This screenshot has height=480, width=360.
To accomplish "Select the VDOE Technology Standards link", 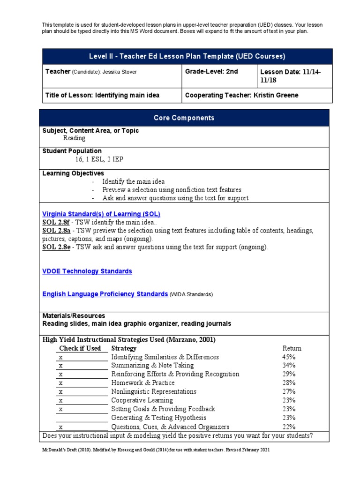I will click(87, 271).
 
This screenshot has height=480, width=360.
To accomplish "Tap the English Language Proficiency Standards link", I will click(105, 294).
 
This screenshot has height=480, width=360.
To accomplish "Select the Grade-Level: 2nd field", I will click(212, 71).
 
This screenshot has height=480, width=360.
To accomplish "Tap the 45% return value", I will click(289, 357).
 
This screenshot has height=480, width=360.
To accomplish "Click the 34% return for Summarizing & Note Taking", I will click(289, 366).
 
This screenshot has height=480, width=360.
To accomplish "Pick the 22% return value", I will click(289, 427).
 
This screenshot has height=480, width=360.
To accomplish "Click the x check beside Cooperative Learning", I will click(61, 400).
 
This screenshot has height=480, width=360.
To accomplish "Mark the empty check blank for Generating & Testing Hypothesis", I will click(82, 418).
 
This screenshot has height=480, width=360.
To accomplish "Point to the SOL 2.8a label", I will click(56, 231).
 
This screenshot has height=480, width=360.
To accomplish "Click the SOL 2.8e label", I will click(56, 247).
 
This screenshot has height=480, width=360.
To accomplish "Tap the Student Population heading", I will click(72, 151).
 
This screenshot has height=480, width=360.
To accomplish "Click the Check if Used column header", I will click(80, 348).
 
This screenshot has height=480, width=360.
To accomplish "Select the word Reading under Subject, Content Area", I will click(74, 138).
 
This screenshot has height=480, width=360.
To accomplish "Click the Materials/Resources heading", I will click(74, 316).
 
